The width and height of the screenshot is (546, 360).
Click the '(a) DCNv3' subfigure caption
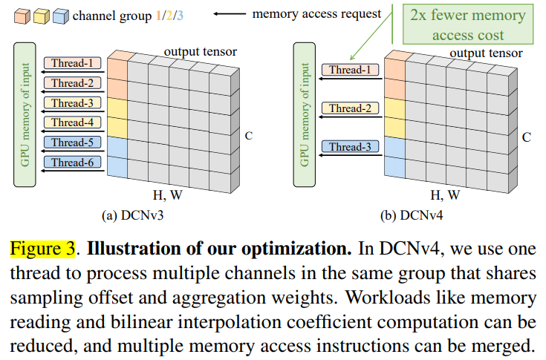coord(137,216)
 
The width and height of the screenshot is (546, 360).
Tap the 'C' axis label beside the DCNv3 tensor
coord(248,135)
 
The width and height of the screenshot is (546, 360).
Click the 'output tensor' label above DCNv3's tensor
coord(200,52)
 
